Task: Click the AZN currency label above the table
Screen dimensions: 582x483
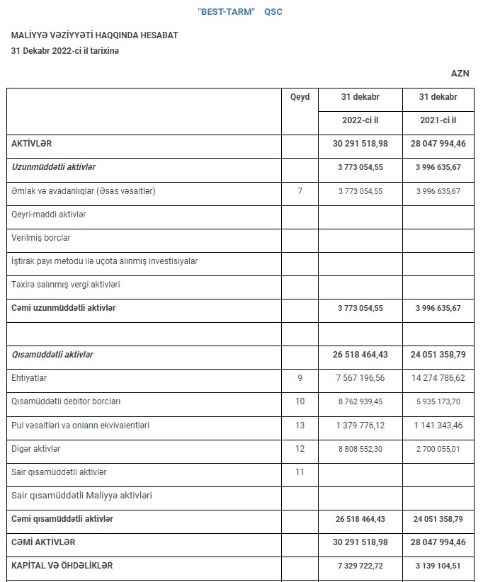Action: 460,73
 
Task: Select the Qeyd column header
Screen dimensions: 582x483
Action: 300,97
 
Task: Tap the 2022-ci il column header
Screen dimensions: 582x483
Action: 360,120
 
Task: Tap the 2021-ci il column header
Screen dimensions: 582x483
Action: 437,120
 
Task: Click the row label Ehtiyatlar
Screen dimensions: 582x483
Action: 29,378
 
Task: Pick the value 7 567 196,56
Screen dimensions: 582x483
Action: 360,378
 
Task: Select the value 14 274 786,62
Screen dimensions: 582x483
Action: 437,378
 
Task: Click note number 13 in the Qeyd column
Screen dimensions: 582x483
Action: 300,426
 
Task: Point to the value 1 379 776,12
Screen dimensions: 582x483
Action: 360,426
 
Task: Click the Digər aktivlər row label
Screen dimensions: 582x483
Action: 36,449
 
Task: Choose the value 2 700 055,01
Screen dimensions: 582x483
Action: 437,449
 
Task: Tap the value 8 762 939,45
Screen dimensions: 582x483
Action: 360,401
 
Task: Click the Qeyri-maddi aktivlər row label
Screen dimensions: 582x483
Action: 49,214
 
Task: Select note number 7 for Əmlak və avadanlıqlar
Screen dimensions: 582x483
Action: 300,191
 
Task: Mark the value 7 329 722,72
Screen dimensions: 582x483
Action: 360,566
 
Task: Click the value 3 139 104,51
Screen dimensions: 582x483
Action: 437,566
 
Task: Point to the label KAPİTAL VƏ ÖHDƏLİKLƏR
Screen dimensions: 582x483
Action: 62,566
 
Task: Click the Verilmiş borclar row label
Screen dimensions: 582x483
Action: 40,238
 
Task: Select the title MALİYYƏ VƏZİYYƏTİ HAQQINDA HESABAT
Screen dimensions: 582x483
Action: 94,35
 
